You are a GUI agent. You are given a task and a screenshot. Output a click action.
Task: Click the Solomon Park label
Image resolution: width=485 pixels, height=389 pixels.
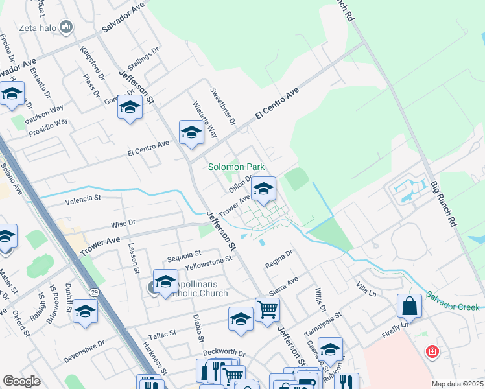[236, 167]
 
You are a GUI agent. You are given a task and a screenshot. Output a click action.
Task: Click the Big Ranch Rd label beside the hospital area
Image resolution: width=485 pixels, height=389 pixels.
[443, 204]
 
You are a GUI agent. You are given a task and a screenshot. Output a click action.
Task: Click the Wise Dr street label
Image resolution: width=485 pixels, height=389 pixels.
[122, 223]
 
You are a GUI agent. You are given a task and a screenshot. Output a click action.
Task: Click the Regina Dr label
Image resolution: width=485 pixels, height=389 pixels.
[279, 261]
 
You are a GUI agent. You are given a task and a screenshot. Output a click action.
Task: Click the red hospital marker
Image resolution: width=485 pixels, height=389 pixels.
[431, 352]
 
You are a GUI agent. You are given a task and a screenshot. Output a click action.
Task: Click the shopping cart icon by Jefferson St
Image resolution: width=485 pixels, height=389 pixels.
[266, 309]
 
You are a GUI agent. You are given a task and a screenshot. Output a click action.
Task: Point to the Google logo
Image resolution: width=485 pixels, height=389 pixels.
[21, 381]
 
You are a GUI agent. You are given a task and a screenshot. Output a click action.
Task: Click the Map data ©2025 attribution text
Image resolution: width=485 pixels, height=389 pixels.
[457, 384]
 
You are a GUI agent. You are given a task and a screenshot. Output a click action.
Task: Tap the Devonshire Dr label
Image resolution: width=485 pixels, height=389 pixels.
[84, 351]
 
